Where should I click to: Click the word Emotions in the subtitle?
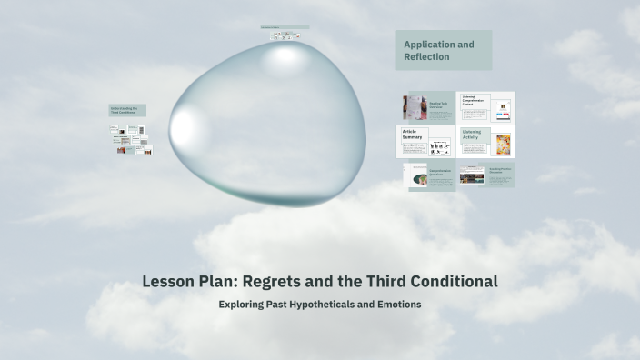click(x=397, y=304)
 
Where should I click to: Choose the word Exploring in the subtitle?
click(x=244, y=304)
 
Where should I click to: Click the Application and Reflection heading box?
click(x=443, y=50)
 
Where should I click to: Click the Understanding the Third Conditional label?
click(x=127, y=110)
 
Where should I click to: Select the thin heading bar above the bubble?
click(x=285, y=27)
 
